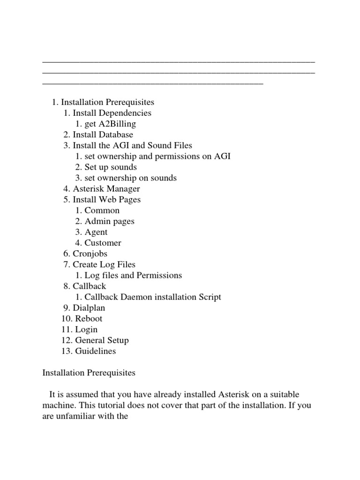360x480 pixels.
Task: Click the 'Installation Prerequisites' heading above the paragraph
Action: [89, 373]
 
